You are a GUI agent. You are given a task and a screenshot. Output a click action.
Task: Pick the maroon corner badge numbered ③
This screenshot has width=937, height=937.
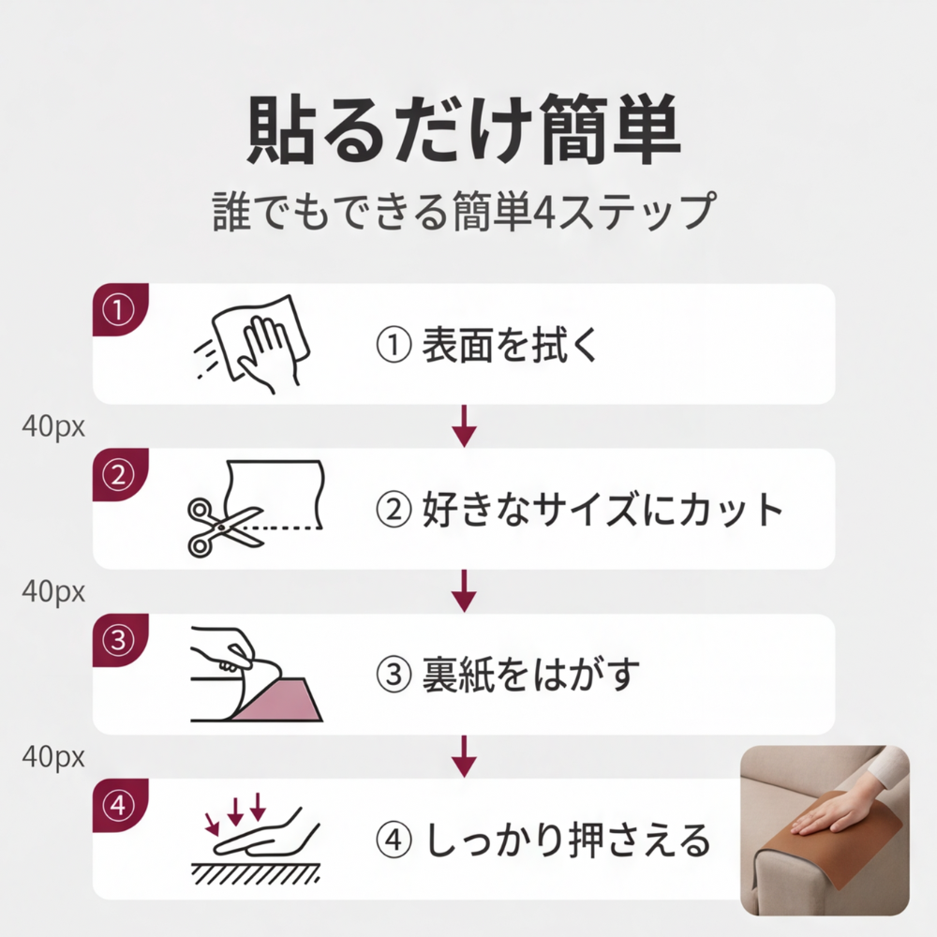tap(118, 641)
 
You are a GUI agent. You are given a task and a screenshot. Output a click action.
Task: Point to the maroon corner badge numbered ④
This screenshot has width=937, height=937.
tap(118, 805)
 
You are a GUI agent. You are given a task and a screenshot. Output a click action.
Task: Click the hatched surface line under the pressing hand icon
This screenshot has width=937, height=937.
tap(257, 872)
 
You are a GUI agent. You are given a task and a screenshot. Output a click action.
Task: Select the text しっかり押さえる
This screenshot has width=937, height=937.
tap(567, 840)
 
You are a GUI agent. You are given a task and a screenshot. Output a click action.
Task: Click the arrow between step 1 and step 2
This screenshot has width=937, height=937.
tap(464, 426)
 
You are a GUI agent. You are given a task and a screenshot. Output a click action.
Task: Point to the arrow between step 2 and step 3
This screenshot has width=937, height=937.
tap(464, 591)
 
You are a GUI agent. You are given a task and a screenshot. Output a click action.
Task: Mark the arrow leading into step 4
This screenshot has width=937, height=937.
tap(464, 755)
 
